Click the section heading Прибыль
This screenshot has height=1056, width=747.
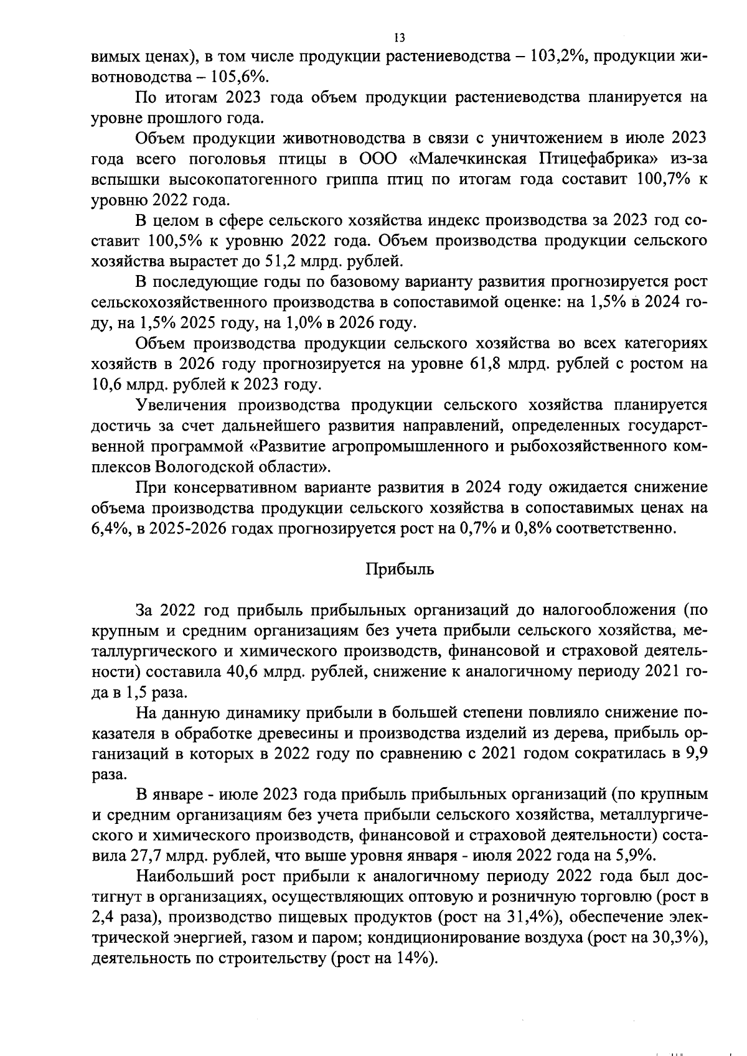point(399,570)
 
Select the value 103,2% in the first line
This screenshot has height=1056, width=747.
point(555,57)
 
